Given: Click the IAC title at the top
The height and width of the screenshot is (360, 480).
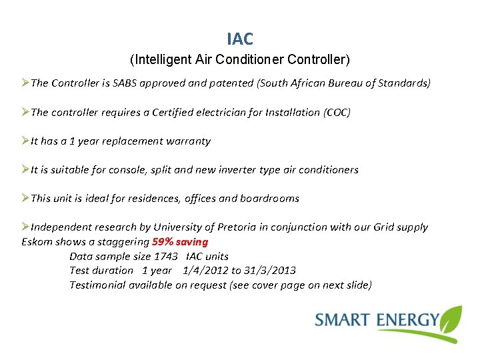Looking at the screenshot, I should tap(240, 39).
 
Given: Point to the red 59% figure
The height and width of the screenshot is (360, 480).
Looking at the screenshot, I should tap(164, 241).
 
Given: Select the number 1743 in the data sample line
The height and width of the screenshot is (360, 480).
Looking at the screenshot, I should tap(165, 256).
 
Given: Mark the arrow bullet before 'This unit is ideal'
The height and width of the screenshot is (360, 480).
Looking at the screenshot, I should tap(25, 198).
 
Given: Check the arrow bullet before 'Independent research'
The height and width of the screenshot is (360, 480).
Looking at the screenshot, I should tap(25, 227).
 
